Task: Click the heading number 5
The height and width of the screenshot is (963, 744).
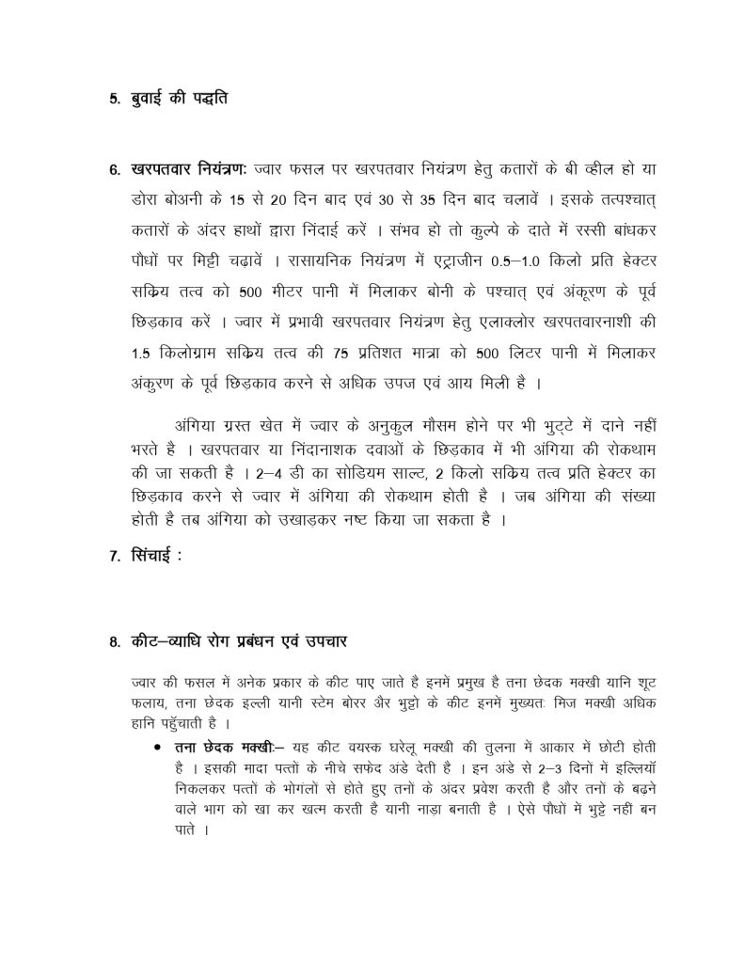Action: [113, 99]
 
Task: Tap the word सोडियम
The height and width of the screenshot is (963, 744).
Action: [342, 476]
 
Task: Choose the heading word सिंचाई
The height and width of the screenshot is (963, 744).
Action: [154, 555]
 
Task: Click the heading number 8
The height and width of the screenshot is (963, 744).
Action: [113, 643]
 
